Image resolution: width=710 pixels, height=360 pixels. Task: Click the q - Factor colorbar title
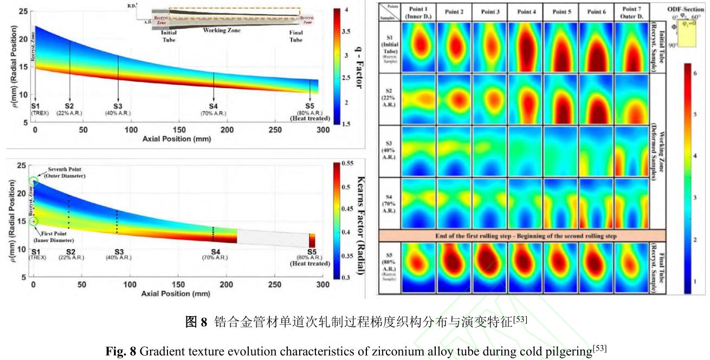(x=357, y=64)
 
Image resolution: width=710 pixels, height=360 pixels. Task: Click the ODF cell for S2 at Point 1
(x=418, y=99)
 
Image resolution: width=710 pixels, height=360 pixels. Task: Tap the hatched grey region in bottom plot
(x=271, y=239)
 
